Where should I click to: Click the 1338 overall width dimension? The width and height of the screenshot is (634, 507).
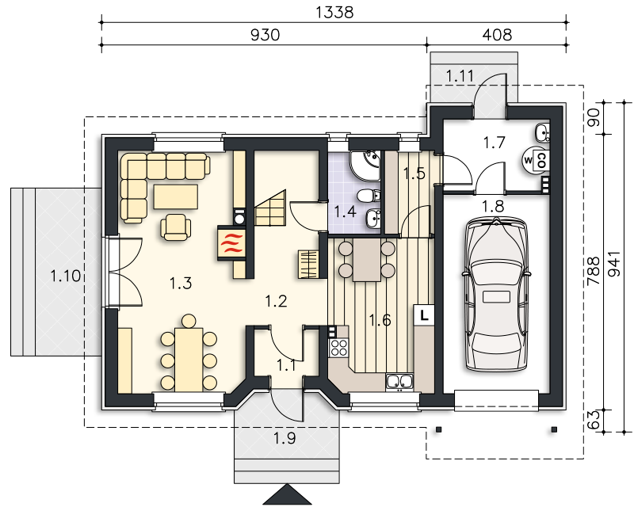[x=334, y=12]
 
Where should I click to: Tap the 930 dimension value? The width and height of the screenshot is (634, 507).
[x=265, y=35]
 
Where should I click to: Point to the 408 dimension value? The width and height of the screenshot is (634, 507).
[x=498, y=35]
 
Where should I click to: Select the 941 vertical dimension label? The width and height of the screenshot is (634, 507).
[x=613, y=264]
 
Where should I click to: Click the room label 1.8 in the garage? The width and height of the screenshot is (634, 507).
[x=493, y=206]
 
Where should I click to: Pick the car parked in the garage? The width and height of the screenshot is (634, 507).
[x=497, y=294]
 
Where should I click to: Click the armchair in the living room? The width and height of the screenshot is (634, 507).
[x=175, y=227]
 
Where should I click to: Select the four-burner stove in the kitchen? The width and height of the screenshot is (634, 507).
[x=339, y=347]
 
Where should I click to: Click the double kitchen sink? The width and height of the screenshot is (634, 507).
[x=399, y=382]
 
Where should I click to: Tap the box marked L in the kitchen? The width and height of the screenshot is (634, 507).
[x=424, y=314]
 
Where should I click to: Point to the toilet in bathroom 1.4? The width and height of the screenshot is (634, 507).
[x=369, y=196]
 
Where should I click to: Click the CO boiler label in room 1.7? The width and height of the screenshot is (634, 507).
[x=542, y=160]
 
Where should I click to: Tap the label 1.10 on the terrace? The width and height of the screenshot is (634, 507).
[x=65, y=276]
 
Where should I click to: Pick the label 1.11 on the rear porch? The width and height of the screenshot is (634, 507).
[x=460, y=75]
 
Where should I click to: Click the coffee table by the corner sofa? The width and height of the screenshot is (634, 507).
[x=176, y=197]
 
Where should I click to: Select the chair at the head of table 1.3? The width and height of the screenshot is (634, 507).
[x=189, y=322]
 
